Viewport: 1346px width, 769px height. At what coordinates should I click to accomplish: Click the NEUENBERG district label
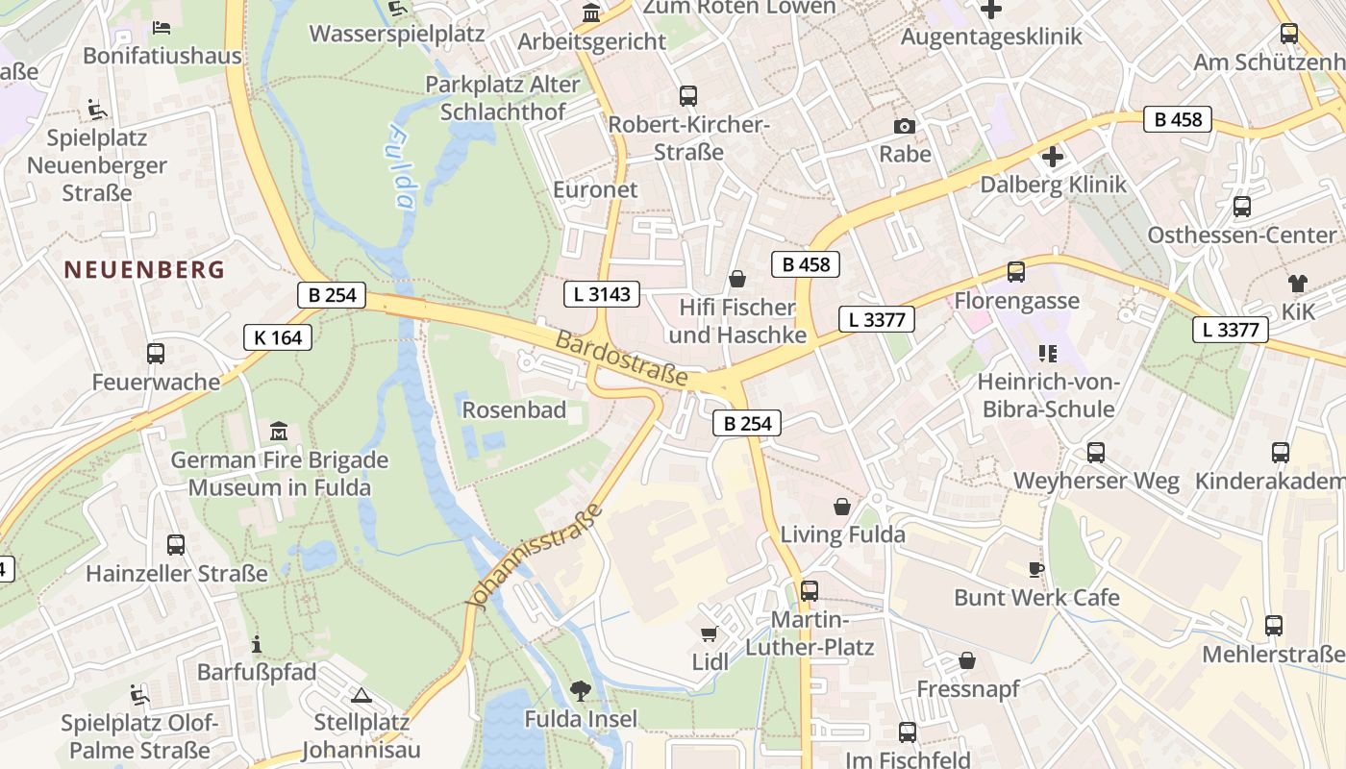pyautogui.click(x=144, y=270)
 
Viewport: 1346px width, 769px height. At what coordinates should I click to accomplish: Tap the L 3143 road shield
pyautogui.click(x=602, y=294)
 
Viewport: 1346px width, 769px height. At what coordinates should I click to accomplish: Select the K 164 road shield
pyautogui.click(x=278, y=337)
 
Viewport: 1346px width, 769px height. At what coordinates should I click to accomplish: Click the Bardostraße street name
pyautogui.click(x=622, y=359)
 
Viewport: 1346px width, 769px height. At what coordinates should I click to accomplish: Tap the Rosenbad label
pyautogui.click(x=513, y=410)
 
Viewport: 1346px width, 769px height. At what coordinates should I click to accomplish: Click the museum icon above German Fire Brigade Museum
pyautogui.click(x=279, y=431)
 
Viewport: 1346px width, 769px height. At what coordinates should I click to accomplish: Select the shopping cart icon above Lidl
pyautogui.click(x=710, y=633)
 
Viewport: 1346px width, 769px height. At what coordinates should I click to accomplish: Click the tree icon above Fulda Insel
pyautogui.click(x=580, y=689)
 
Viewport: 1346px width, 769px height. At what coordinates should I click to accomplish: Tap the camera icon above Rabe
pyautogui.click(x=904, y=126)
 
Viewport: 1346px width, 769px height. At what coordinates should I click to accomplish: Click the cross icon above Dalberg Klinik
pyautogui.click(x=1053, y=156)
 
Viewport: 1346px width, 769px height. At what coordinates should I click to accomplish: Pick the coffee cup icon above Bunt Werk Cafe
pyautogui.click(x=1035, y=569)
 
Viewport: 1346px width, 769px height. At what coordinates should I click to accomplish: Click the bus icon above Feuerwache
pyautogui.click(x=156, y=353)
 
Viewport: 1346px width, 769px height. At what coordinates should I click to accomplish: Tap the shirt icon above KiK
pyautogui.click(x=1297, y=283)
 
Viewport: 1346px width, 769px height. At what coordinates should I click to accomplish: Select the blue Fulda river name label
pyautogui.click(x=402, y=165)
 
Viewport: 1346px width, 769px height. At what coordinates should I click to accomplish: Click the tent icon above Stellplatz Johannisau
pyautogui.click(x=361, y=695)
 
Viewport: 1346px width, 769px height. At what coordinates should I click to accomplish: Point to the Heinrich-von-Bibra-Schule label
pyautogui.click(x=1047, y=395)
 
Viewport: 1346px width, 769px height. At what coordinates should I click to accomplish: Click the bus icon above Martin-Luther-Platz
pyautogui.click(x=810, y=591)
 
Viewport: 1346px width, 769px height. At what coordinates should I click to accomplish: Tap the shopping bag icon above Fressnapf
pyautogui.click(x=967, y=660)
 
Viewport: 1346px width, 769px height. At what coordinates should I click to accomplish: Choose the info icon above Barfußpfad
pyautogui.click(x=256, y=644)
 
